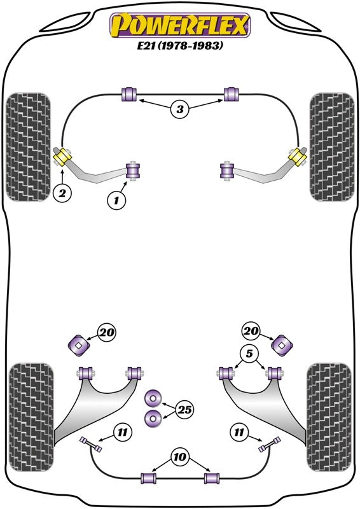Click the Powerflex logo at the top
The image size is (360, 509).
pyautogui.click(x=180, y=25)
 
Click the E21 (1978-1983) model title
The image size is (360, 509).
pyautogui.click(x=180, y=45)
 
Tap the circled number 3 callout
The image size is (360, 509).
pyautogui.click(x=180, y=109)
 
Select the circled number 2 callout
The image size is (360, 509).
pyautogui.click(x=62, y=193)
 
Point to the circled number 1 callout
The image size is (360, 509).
pyautogui.click(x=116, y=200)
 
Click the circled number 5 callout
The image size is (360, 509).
pyautogui.click(x=249, y=353)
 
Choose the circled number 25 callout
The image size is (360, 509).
pyautogui.click(x=184, y=410)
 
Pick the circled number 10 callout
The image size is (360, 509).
pyautogui.click(x=179, y=457)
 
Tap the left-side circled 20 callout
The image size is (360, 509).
pyautogui.click(x=107, y=332)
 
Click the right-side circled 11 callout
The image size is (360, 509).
pyautogui.click(x=239, y=432)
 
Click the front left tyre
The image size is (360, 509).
pyautogui.click(x=29, y=147)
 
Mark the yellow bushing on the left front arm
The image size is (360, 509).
pyautogui.click(x=63, y=157)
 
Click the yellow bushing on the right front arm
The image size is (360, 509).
pyautogui.click(x=297, y=157)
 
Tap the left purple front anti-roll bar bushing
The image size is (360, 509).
pyautogui.click(x=129, y=94)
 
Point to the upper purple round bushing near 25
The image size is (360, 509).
pyautogui.click(x=153, y=398)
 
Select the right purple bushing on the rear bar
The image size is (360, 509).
pyautogui.click(x=212, y=478)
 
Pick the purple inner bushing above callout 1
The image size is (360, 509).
pyautogui.click(x=133, y=171)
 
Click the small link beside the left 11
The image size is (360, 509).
pyautogui.click(x=91, y=444)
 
